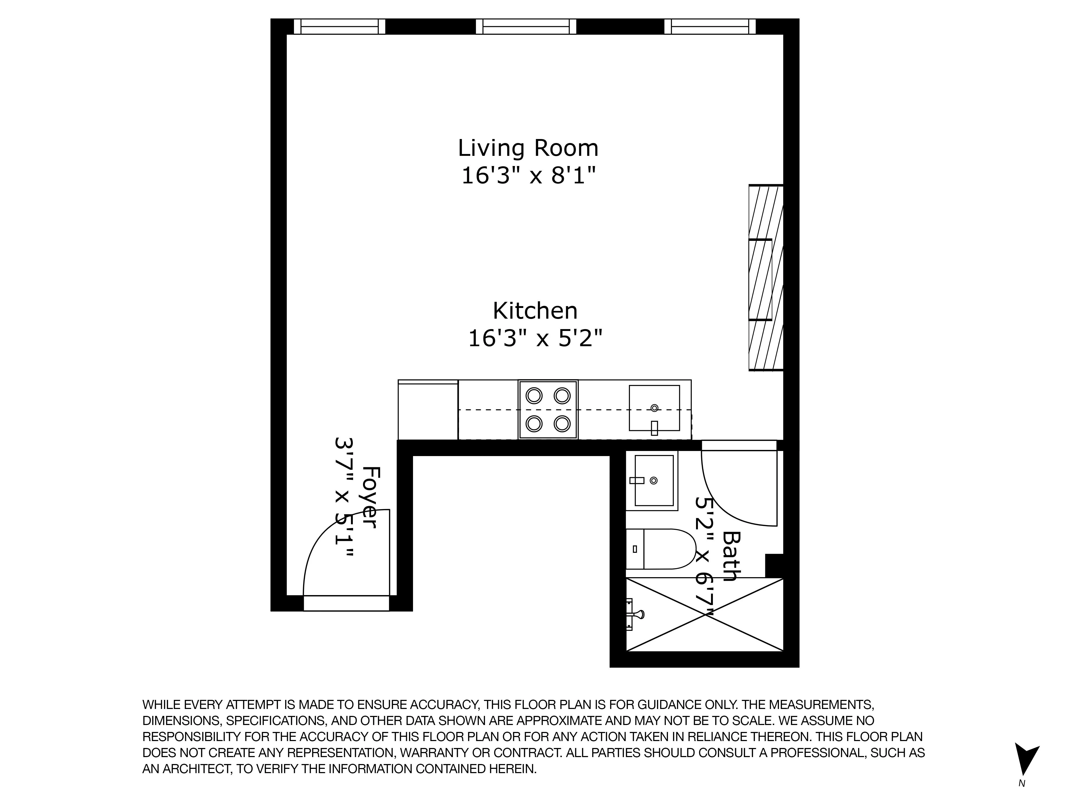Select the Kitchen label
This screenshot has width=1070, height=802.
[535, 311]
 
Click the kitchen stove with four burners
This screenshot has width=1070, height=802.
[548, 410]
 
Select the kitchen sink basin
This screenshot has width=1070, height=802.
[654, 407]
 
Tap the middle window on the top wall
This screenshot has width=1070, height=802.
[526, 26]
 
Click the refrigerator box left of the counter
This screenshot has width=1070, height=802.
[428, 410]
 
